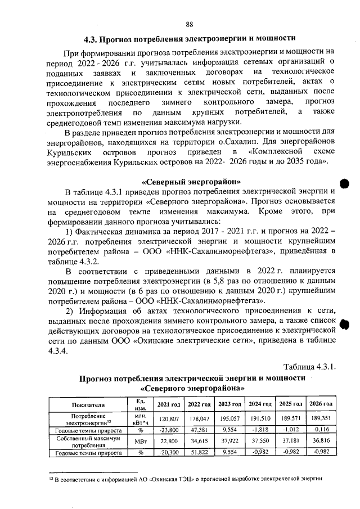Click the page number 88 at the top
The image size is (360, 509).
coord(189,24)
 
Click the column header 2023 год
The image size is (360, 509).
coord(230,404)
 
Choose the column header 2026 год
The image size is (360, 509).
coord(321,404)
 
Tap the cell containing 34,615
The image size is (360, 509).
coord(199,441)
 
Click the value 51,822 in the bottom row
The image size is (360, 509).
coord(199,452)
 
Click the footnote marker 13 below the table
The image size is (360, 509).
coord(50,478)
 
